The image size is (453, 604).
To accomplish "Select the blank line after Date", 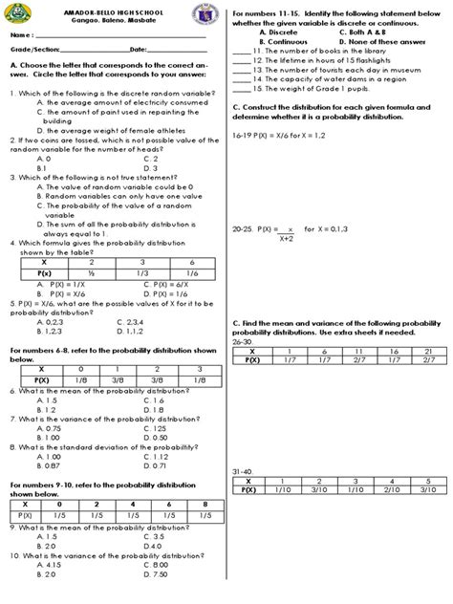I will [177, 50].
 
